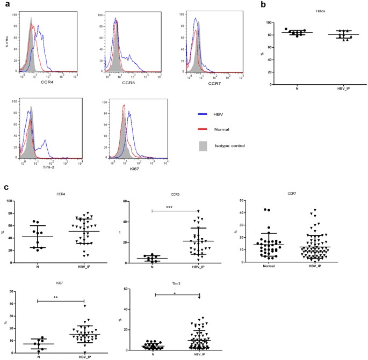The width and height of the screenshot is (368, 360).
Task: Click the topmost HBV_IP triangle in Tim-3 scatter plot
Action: [x=199, y=297]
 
